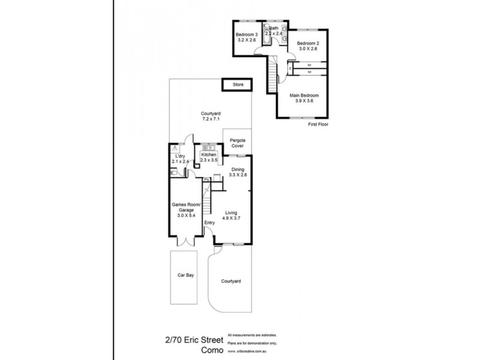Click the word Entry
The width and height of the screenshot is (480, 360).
209,223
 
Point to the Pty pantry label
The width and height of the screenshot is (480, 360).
206,179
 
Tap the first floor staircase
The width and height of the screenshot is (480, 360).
273,72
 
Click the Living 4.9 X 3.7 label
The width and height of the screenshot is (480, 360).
232,217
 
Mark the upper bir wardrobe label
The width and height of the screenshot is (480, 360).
310,64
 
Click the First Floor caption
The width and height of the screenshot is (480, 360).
319,125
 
